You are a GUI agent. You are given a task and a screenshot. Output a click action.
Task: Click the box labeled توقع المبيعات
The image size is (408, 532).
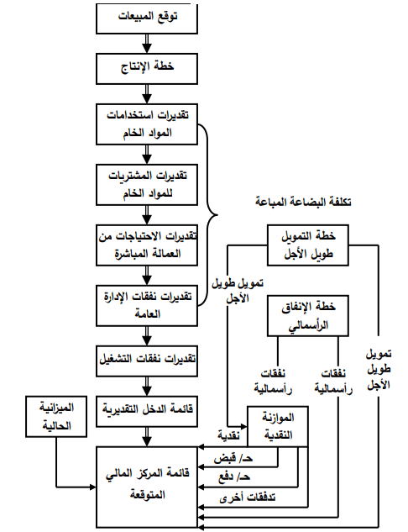coord(147,17)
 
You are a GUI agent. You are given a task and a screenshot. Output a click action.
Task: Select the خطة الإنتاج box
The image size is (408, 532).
coord(147,66)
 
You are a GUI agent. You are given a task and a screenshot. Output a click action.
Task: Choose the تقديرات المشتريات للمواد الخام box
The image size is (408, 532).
coord(147,183)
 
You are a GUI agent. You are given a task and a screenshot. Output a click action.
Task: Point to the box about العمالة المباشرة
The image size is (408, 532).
coord(147,243)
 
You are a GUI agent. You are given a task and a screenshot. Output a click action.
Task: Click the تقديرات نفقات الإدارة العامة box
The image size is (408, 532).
coord(147,304)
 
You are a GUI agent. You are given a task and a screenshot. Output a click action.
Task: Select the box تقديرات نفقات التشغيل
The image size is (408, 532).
coord(147,360)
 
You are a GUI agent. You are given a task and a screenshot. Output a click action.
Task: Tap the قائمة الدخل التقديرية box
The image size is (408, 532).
coord(147,410)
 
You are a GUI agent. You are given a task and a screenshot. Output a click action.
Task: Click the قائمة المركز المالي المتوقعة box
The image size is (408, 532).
coord(147,486)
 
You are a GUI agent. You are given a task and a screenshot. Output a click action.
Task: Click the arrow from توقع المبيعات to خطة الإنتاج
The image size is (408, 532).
coord(147,41)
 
